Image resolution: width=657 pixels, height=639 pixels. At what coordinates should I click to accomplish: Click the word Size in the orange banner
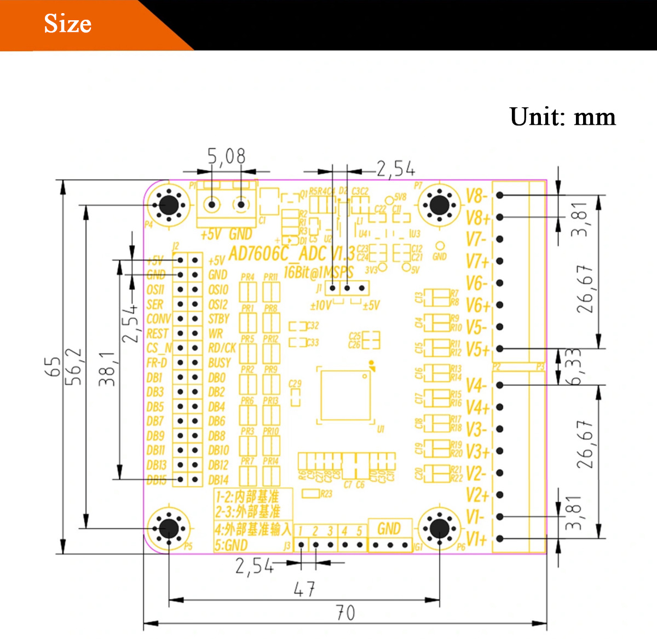pyautogui.click(x=67, y=24)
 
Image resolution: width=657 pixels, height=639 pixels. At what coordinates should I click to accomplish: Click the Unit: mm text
pyautogui.click(x=562, y=117)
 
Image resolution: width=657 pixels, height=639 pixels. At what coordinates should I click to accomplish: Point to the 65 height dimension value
pyautogui.click(x=53, y=366)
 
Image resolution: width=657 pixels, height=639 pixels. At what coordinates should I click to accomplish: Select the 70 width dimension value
pyautogui.click(x=345, y=613)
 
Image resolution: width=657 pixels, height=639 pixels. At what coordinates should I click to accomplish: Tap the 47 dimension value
pyautogui.click(x=304, y=589)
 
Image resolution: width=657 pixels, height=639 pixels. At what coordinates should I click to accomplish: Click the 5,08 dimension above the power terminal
pyautogui.click(x=226, y=157)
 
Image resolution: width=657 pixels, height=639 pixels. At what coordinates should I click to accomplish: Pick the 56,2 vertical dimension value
pyautogui.click(x=74, y=366)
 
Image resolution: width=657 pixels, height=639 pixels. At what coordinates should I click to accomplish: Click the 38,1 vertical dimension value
pyautogui.click(x=107, y=369)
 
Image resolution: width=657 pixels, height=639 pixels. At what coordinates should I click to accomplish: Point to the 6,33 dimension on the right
pyautogui.click(x=573, y=366)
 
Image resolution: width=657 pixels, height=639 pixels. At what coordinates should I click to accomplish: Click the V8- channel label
pyautogui.click(x=476, y=196)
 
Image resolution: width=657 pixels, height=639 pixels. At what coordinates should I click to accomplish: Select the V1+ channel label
pyautogui.click(x=476, y=539)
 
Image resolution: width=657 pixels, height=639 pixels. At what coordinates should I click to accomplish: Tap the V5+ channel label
pyautogui.click(x=477, y=349)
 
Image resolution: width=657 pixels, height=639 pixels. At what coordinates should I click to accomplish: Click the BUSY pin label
pyautogui.click(x=219, y=362)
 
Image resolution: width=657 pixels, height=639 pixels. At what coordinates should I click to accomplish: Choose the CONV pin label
pyautogui.click(x=158, y=319)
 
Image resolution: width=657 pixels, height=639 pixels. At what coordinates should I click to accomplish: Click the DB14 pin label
pyautogui.click(x=218, y=480)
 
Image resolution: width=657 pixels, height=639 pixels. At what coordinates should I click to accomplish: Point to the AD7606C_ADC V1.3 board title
pyautogui.click(x=291, y=254)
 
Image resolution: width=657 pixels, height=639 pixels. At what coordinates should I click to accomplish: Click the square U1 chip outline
pyautogui.click(x=346, y=395)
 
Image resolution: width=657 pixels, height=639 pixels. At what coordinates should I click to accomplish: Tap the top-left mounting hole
pyautogui.click(x=169, y=205)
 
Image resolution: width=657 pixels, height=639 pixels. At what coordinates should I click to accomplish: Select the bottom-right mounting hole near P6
pyautogui.click(x=439, y=528)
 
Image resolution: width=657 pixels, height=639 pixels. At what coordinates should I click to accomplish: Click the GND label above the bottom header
pyautogui.click(x=389, y=528)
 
